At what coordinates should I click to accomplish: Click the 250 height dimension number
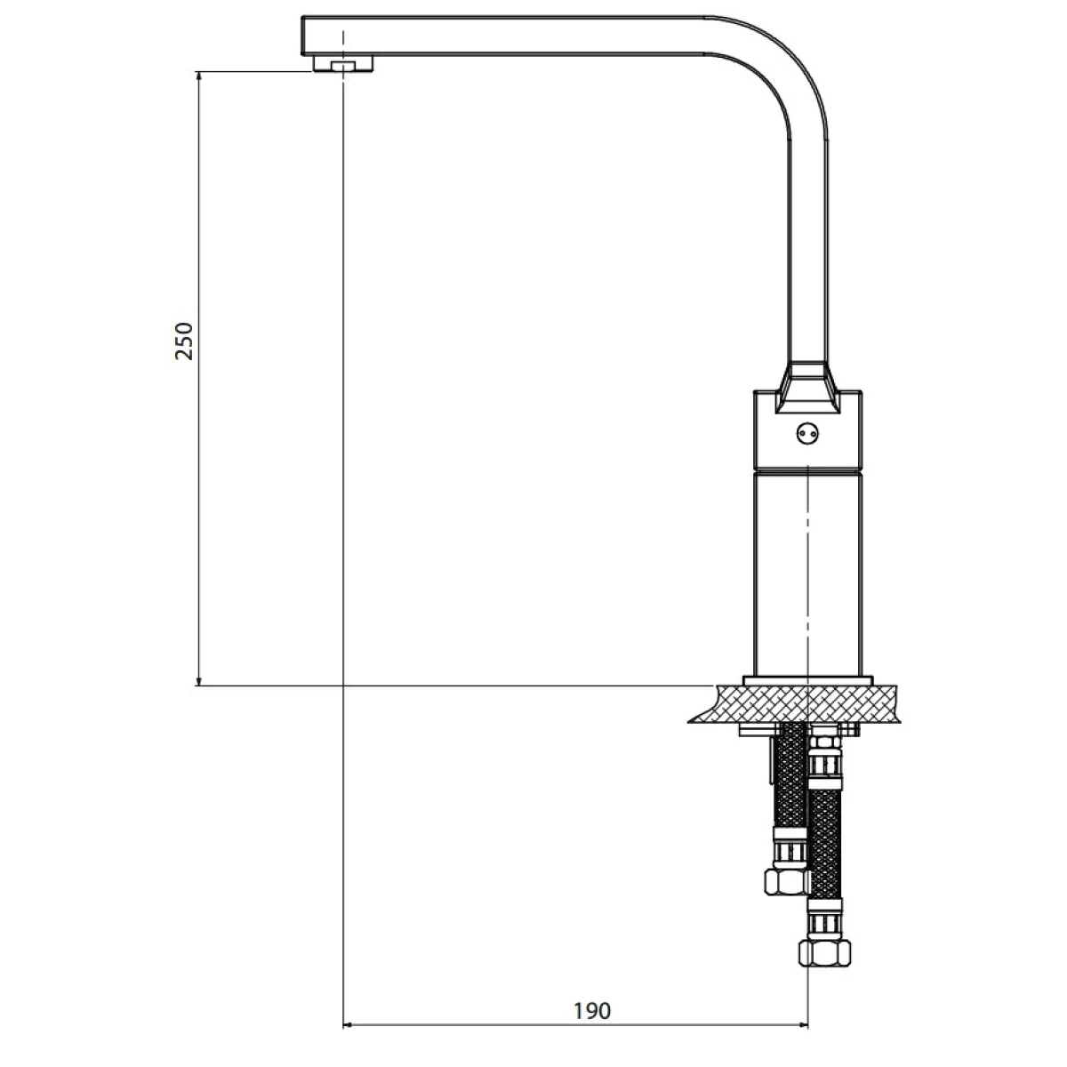pyautogui.click(x=184, y=341)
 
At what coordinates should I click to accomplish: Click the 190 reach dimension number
pyautogui.click(x=592, y=1011)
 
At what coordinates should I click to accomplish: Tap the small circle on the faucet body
pyautogui.click(x=807, y=433)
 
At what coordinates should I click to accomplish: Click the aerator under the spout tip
pyautogui.click(x=342, y=64)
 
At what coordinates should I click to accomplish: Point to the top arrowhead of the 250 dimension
pyautogui.click(x=199, y=77)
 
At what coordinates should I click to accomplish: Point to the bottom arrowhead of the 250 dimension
pyautogui.click(x=199, y=679)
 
